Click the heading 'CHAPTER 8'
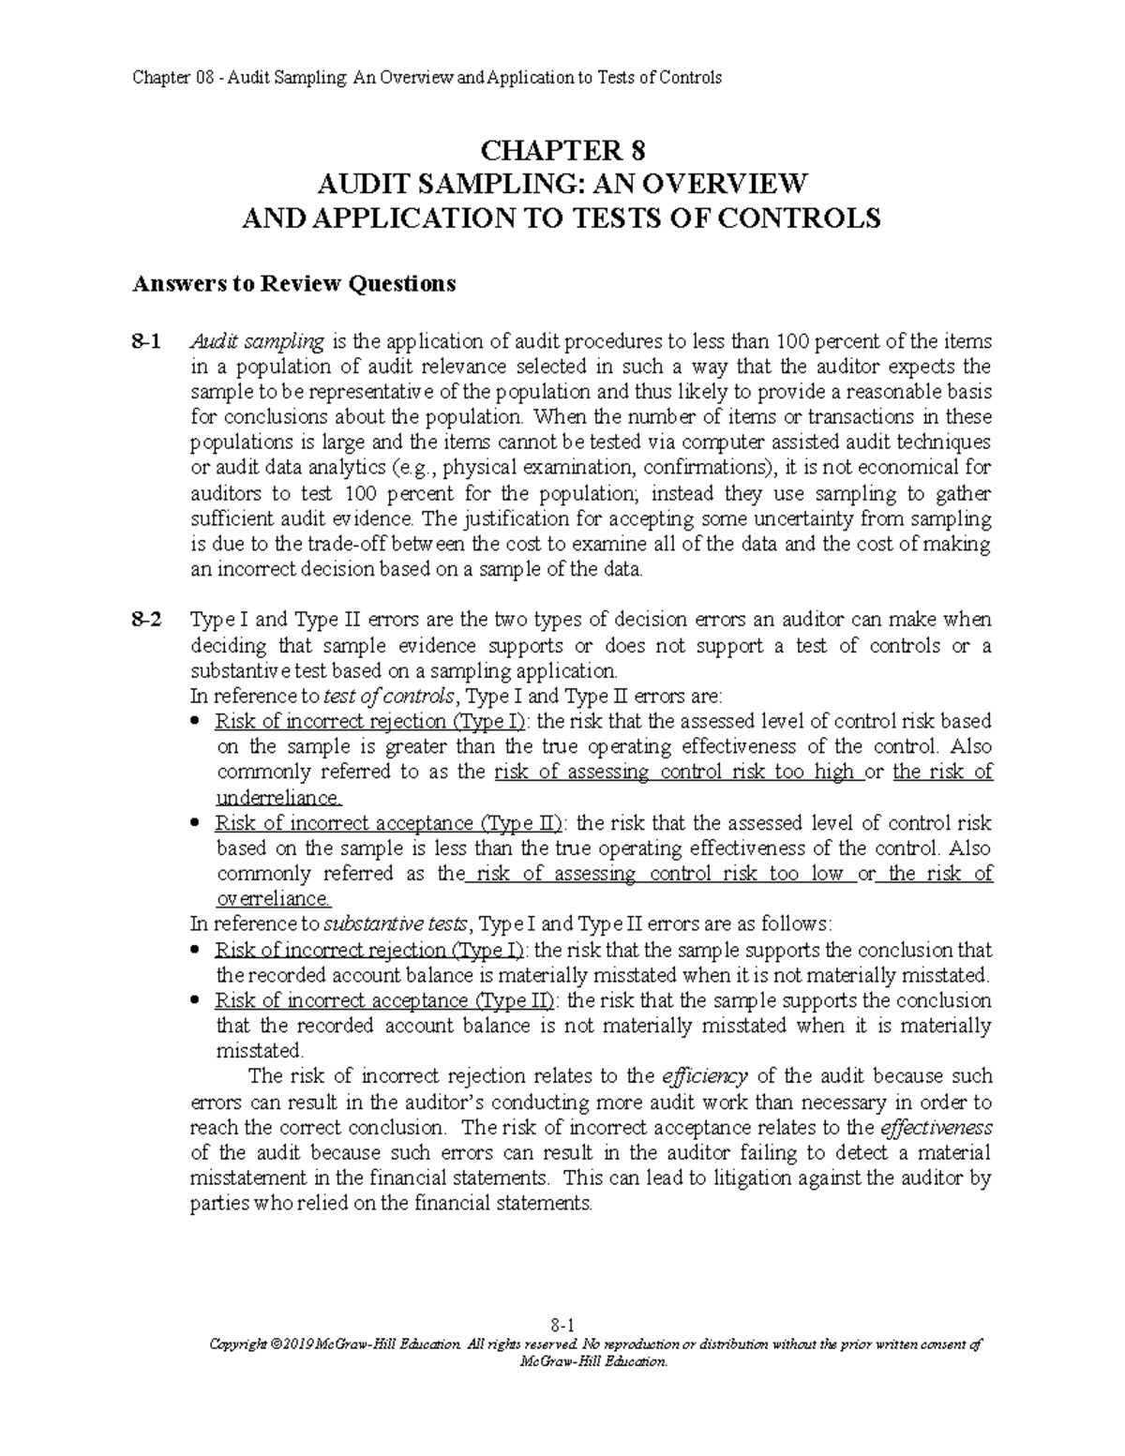tap(562, 150)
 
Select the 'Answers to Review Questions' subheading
tap(292, 283)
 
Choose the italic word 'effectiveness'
tap(937, 1126)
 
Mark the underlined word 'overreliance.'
tap(274, 899)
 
